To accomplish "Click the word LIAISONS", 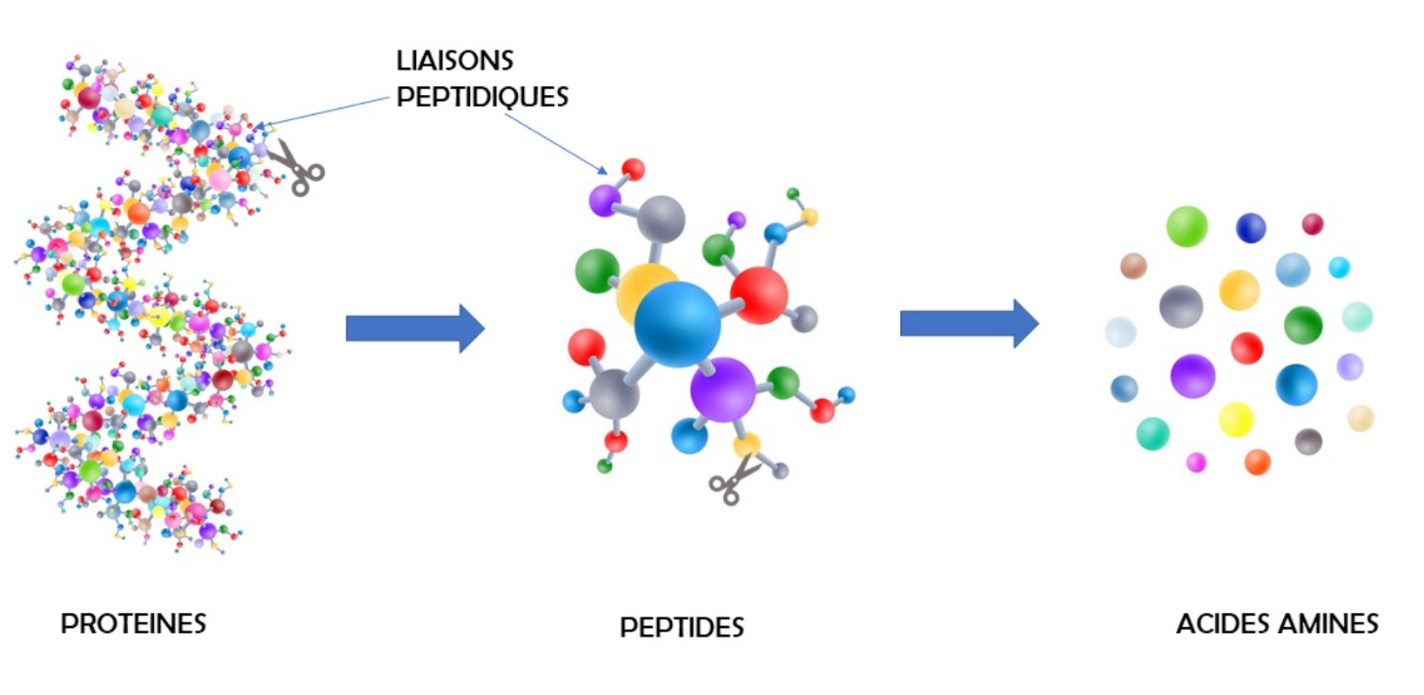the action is [454, 61].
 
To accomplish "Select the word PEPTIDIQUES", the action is [482, 98].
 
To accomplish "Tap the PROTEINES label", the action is [133, 624].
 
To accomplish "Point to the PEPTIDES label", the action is [682, 628].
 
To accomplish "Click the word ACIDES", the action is [1224, 624].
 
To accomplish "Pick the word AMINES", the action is [1328, 624].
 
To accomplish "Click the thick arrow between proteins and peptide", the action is [416, 328].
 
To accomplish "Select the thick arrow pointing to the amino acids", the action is [970, 324].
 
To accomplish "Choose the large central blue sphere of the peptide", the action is [678, 324].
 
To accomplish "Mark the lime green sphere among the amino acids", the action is [1187, 226].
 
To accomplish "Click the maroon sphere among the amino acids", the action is [1313, 224].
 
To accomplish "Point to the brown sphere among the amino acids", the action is [1133, 266].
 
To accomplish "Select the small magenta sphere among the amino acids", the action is [1197, 462].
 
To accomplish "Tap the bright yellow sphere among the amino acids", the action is [1237, 420].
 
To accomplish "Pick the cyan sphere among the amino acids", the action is [1340, 267].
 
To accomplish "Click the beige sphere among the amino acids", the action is [1361, 418].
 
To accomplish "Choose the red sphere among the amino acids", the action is [1247, 348].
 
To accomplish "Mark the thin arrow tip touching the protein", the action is [256, 126].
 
